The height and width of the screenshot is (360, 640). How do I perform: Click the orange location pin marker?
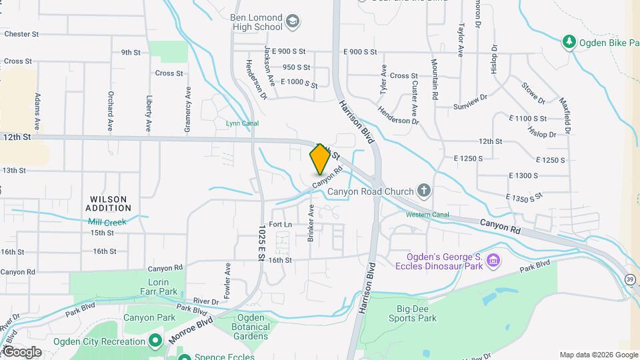[x=320, y=159]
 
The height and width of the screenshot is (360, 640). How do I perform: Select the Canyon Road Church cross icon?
[x=424, y=191]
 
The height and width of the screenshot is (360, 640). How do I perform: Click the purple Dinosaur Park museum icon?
[x=493, y=259]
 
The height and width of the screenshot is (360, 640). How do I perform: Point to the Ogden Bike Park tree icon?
[x=569, y=43]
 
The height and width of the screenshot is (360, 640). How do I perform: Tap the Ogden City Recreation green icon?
[x=155, y=341]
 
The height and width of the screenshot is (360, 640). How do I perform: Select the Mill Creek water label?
[x=107, y=221]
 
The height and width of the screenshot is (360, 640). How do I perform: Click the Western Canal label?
[x=427, y=215]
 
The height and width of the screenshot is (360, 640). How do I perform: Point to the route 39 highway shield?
[x=630, y=279]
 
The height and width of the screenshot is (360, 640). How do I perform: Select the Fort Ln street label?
[x=281, y=225]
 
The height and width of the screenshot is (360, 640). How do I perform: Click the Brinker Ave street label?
[x=311, y=223]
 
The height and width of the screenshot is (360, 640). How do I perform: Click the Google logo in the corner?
[x=21, y=352]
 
